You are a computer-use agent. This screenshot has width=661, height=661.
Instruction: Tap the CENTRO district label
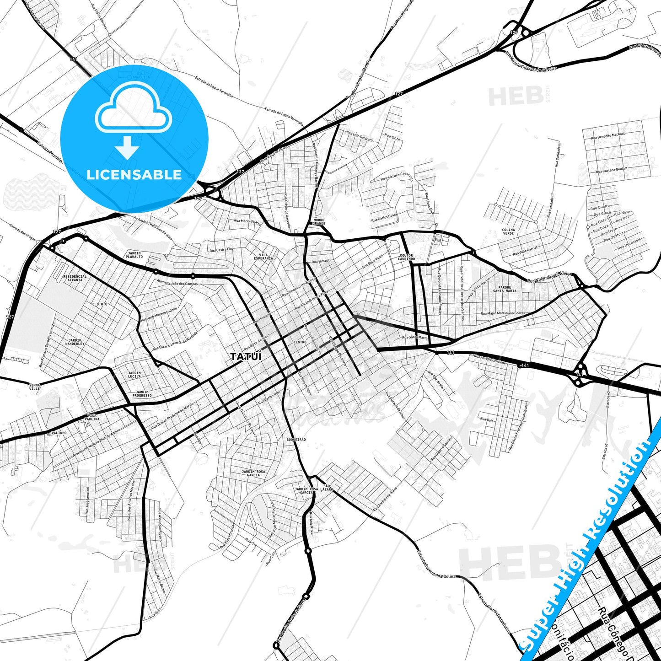click(x=300, y=342)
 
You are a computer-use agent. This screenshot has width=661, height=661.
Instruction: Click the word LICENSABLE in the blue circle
click(x=134, y=175)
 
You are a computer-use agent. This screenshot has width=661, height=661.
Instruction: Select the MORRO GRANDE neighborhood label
click(x=319, y=222)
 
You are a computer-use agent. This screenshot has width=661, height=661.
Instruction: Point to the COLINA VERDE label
click(x=508, y=231)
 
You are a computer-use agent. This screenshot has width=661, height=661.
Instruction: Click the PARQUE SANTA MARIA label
click(x=505, y=289)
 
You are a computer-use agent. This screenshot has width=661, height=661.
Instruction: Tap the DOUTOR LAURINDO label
click(x=406, y=257)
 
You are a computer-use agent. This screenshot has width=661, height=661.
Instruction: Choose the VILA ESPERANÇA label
click(x=263, y=257)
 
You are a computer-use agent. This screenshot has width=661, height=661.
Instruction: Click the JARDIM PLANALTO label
click(x=134, y=255)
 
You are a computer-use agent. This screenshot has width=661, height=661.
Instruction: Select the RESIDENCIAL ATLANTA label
click(x=75, y=278)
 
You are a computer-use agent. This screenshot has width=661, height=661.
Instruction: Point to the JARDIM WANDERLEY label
click(x=75, y=342)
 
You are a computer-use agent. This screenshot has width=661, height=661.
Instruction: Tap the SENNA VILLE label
click(x=35, y=387)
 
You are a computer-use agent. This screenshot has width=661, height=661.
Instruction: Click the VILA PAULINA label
click(x=92, y=417)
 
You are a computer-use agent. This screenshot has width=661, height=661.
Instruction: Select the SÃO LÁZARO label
click(x=327, y=487)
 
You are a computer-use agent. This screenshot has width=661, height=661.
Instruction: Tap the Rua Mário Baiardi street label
click(x=247, y=221)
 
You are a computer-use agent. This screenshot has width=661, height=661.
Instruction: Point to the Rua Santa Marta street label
click(x=415, y=338)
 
